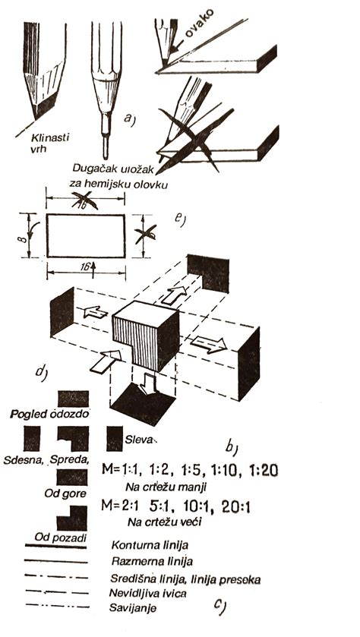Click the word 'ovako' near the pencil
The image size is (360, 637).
click(200, 23)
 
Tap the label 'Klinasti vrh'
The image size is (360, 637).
click(50, 143)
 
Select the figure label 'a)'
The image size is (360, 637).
click(128, 118)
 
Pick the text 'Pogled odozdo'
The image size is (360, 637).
click(50, 415)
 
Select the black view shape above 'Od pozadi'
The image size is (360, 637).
click(72, 518)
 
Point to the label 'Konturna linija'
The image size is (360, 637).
click(150, 545)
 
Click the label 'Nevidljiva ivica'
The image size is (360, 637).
click(147, 594)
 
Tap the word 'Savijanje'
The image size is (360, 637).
click(133, 609)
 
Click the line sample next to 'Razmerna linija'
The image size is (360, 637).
click(56, 561)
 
